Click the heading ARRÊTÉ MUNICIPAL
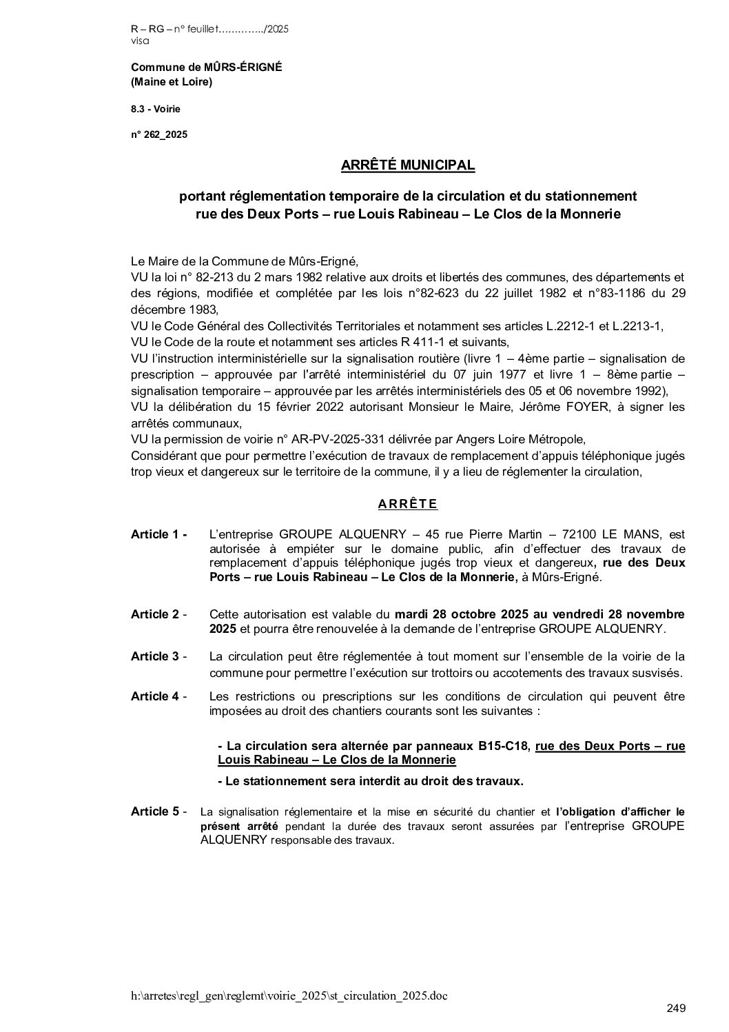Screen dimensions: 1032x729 [x=408, y=165]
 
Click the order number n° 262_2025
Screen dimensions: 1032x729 [x=158, y=135]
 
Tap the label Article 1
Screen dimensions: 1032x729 [x=158, y=534]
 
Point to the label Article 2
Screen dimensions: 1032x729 [x=158, y=614]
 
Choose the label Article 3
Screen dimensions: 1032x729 [x=158, y=656]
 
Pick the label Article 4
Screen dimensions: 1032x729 [x=158, y=696]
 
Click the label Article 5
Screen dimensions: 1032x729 [x=158, y=811]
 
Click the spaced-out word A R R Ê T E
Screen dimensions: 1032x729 [x=408, y=504]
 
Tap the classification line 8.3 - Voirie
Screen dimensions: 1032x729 [x=155, y=109]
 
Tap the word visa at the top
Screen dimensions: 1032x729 [x=138, y=41]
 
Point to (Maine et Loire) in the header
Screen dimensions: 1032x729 [x=171, y=82]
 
